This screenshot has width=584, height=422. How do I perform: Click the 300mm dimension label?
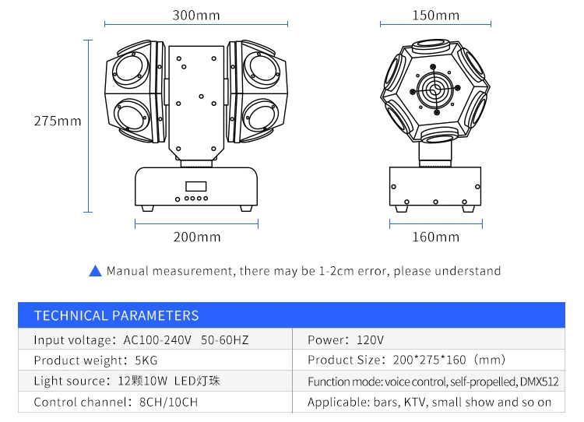pyautogui.click(x=196, y=16)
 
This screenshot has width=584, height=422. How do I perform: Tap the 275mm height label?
pyautogui.click(x=58, y=121)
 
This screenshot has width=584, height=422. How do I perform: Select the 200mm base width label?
pyautogui.click(x=197, y=237)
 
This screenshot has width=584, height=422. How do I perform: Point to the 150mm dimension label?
pyautogui.click(x=435, y=16)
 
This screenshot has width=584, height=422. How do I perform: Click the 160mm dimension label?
pyautogui.click(x=435, y=237)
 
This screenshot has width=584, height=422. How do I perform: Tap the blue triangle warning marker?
pyautogui.click(x=95, y=271)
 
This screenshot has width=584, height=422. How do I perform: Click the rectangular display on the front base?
pyautogui.click(x=196, y=186)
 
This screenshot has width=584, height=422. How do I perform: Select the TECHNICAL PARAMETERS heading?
pyautogui.click(x=117, y=315)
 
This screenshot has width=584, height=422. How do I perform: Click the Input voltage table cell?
pyautogui.click(x=155, y=339)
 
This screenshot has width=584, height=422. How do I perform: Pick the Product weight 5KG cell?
pyautogui.click(x=155, y=360)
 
